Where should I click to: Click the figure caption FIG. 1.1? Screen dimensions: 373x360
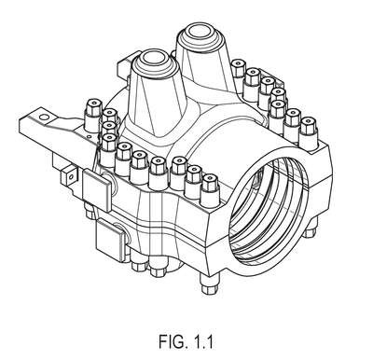pyautogui.click(x=186, y=341)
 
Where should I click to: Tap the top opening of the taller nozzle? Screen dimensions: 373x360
pyautogui.click(x=199, y=32)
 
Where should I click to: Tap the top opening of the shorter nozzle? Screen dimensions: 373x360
pyautogui.click(x=154, y=58)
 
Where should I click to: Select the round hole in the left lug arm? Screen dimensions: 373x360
pyautogui.click(x=45, y=117)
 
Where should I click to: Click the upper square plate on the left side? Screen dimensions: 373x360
pyautogui.click(x=96, y=190)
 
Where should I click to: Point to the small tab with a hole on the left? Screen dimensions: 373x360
pyautogui.click(x=70, y=176)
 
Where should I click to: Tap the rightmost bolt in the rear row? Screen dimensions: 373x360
pyautogui.click(x=309, y=133)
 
